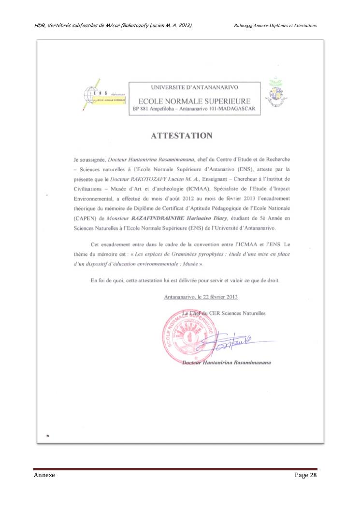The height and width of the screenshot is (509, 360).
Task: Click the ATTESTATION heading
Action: click(181, 136)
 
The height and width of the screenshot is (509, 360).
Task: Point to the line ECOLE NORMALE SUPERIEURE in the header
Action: click(194, 101)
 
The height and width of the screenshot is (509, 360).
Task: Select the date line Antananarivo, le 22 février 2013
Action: click(201, 297)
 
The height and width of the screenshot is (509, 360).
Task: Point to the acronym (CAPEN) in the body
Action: click(77, 218)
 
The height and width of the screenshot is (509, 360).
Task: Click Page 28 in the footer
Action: click(305, 476)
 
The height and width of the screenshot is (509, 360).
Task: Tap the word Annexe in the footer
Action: click(44, 476)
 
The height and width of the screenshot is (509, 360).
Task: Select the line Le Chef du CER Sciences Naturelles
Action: click(223, 313)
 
